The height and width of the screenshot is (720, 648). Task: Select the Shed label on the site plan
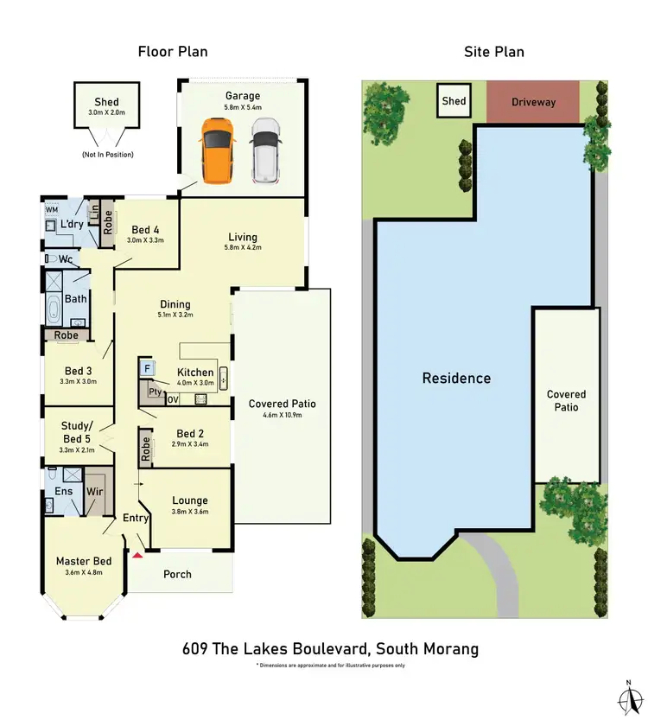(454, 101)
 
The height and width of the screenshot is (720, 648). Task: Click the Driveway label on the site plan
(533, 102)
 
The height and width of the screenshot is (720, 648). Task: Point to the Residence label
(456, 378)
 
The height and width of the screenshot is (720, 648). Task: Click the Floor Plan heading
(173, 52)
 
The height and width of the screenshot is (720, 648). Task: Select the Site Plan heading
(492, 52)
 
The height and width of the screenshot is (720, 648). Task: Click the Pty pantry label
(154, 392)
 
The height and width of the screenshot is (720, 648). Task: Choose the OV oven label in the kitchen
(172, 400)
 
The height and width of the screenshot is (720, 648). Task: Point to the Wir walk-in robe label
(94, 492)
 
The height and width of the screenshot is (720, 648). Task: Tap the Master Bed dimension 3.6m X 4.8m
(85, 573)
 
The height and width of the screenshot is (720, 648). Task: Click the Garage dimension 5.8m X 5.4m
(242, 108)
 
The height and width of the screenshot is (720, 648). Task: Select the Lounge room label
(190, 500)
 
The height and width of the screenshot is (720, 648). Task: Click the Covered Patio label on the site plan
(566, 400)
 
